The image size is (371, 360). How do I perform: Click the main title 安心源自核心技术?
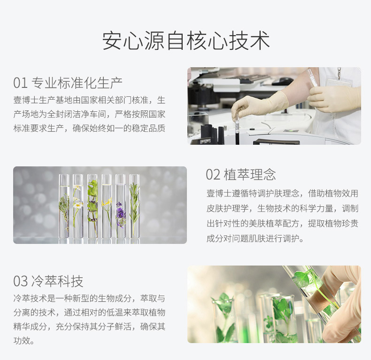coord(186,40)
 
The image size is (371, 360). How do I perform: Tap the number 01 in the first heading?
coord(21,83)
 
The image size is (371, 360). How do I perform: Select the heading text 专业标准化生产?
coord(77,83)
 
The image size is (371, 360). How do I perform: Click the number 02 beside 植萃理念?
coord(213,174)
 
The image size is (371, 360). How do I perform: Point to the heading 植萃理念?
coord(250,174)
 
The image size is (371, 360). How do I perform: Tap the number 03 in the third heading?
coord(21,281)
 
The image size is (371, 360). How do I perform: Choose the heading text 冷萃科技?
coord(57,281)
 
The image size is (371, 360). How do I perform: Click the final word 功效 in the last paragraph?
coord(22,341)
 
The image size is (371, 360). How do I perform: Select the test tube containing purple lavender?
coord(121,206)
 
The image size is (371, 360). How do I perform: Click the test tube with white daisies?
coord(77,206)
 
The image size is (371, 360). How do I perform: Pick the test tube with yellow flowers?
coord(107,206)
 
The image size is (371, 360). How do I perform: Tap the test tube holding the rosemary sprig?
coord(135,206)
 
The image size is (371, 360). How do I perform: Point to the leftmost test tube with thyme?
coord(64,206)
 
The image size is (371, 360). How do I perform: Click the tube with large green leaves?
coord(92,206)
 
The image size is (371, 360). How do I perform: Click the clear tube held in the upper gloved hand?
coord(312,78)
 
